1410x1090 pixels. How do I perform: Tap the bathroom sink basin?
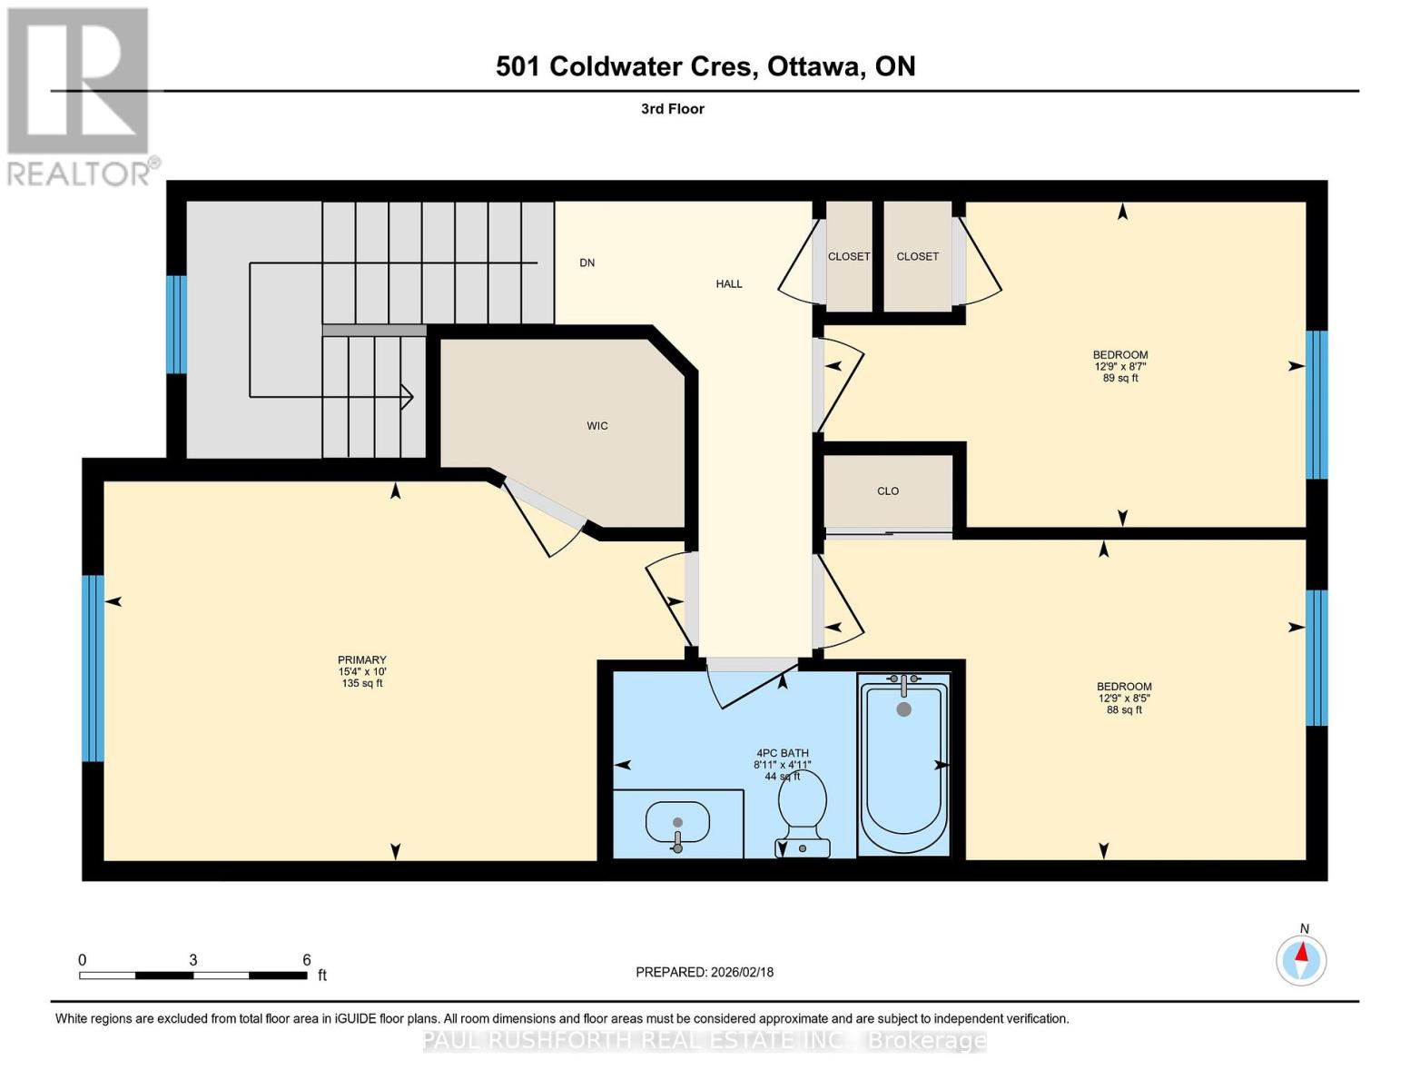tap(677, 823)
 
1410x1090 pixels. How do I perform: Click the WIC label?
tap(597, 426)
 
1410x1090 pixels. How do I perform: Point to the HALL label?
tap(728, 284)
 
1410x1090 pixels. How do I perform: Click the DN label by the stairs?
tap(587, 263)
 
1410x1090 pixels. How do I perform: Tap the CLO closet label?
tap(887, 491)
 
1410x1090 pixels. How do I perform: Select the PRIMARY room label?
tap(362, 660)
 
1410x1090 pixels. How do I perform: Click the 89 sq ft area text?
tap(1120, 379)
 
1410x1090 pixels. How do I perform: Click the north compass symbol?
tap(1301, 959)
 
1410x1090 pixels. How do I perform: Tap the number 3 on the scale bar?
tap(193, 960)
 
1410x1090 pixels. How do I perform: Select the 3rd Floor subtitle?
tap(673, 109)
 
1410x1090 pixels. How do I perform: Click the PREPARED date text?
tap(705, 972)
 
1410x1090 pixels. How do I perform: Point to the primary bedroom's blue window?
tap(93, 669)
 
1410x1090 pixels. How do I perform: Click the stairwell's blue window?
tap(176, 324)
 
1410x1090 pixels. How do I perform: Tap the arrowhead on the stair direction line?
tap(409, 396)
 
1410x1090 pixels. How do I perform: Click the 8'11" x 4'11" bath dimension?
tap(782, 765)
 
